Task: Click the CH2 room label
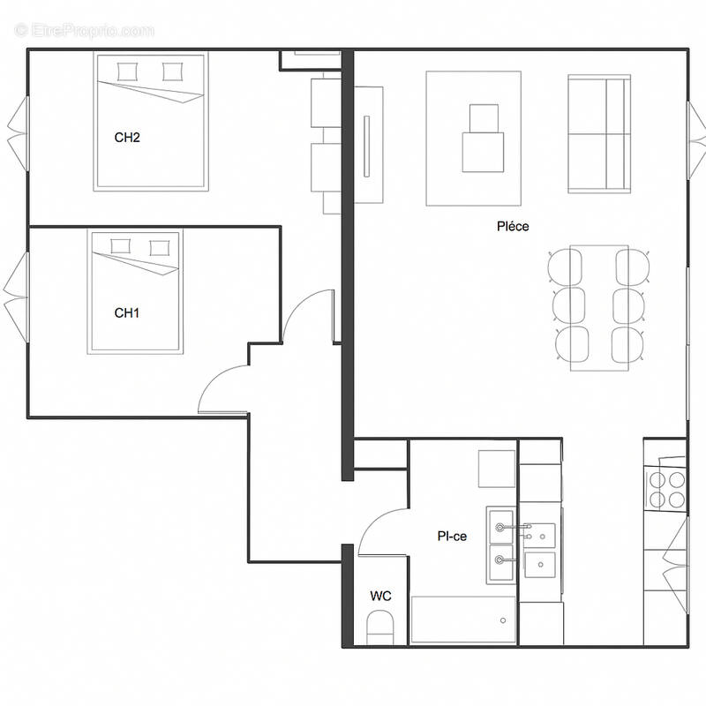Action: (127, 137)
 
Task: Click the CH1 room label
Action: (127, 312)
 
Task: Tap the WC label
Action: (380, 597)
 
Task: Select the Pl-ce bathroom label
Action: (452, 536)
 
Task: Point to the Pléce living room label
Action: (513, 227)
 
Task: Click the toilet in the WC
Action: (381, 629)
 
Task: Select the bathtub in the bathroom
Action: (463, 620)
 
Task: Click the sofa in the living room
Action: (599, 134)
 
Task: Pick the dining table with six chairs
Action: (599, 307)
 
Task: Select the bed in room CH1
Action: (134, 292)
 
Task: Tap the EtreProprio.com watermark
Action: (85, 31)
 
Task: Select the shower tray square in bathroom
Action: (496, 469)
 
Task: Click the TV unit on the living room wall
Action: (370, 145)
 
